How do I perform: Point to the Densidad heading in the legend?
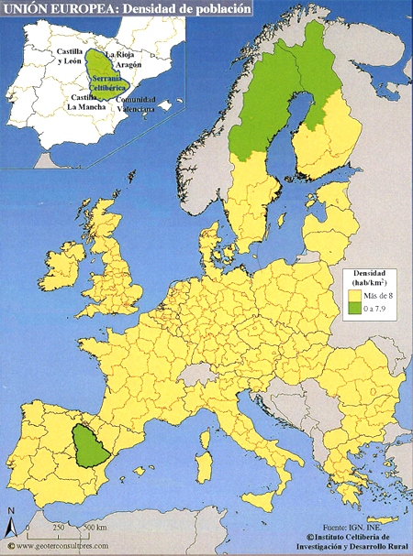[x=369, y=274]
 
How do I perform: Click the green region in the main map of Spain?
[x=90, y=447]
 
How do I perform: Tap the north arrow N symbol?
[x=9, y=525]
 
